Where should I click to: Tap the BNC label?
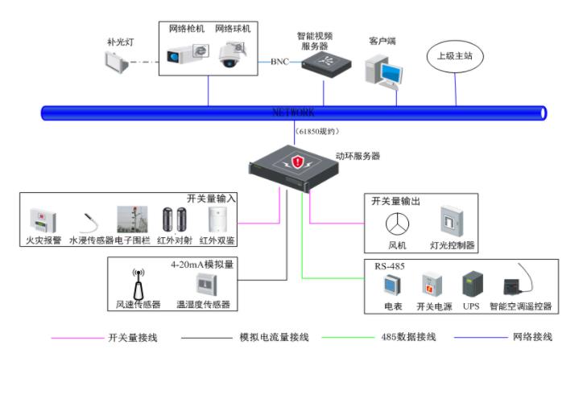click(x=279, y=62)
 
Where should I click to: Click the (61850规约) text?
click(x=317, y=131)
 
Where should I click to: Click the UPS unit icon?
click(x=471, y=285)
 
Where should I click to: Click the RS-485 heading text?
click(x=389, y=265)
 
